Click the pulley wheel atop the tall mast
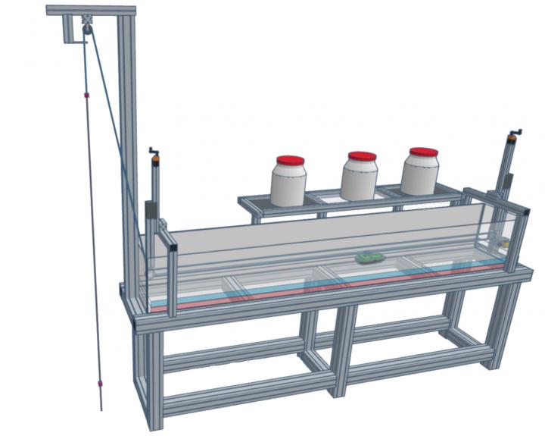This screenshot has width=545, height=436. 88,28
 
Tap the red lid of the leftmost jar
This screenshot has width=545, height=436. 290,161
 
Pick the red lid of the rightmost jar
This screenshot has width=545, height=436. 423,152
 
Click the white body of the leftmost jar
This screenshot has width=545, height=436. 288,187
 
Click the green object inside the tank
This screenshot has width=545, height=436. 369,258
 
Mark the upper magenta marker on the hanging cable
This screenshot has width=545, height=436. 88,96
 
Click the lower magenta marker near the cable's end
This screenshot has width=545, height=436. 99,384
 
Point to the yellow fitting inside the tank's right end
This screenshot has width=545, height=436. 503,244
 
